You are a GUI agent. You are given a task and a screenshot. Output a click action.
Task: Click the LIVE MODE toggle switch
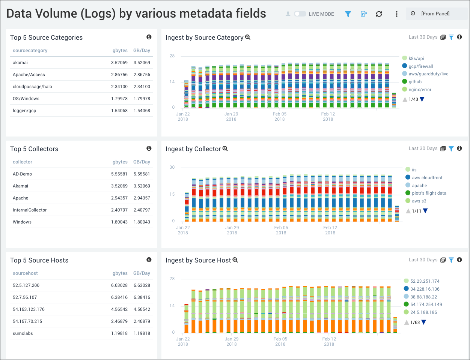pyautogui.click(x=300, y=14)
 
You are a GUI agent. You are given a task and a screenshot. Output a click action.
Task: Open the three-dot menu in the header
pyautogui.click(x=396, y=14)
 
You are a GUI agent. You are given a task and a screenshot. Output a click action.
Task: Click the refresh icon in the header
pyautogui.click(x=379, y=14)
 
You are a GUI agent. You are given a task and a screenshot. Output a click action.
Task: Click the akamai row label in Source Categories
pyautogui.click(x=20, y=63)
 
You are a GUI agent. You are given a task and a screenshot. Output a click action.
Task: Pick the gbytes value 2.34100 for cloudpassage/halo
pyautogui.click(x=119, y=87)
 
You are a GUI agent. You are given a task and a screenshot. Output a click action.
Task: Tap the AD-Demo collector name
pyautogui.click(x=22, y=174)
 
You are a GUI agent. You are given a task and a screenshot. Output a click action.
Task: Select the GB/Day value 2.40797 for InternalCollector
pyautogui.click(x=142, y=210)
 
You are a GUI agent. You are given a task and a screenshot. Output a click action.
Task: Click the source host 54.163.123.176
pyautogui.click(x=29, y=309)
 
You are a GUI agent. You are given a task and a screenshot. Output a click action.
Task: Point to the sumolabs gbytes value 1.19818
pyautogui.click(x=119, y=333)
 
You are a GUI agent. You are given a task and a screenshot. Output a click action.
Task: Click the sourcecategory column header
pyautogui.click(x=30, y=51)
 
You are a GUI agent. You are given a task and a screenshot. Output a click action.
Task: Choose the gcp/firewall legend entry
pyautogui.click(x=420, y=66)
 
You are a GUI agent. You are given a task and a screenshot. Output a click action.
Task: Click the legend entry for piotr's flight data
pyautogui.click(x=429, y=193)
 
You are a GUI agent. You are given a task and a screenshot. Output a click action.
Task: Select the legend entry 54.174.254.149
pyautogui.click(x=426, y=304)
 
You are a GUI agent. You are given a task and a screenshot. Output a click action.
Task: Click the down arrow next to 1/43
pyautogui.click(x=422, y=99)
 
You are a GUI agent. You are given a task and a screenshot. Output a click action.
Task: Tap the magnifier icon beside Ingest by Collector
pyautogui.click(x=225, y=148)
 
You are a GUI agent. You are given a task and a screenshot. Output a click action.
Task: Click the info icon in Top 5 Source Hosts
pyautogui.click(x=149, y=260)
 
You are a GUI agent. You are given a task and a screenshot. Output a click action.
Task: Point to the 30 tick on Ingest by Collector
pyautogui.click(x=172, y=167)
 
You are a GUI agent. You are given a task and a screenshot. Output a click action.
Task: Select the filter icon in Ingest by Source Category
pyautogui.click(x=451, y=37)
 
